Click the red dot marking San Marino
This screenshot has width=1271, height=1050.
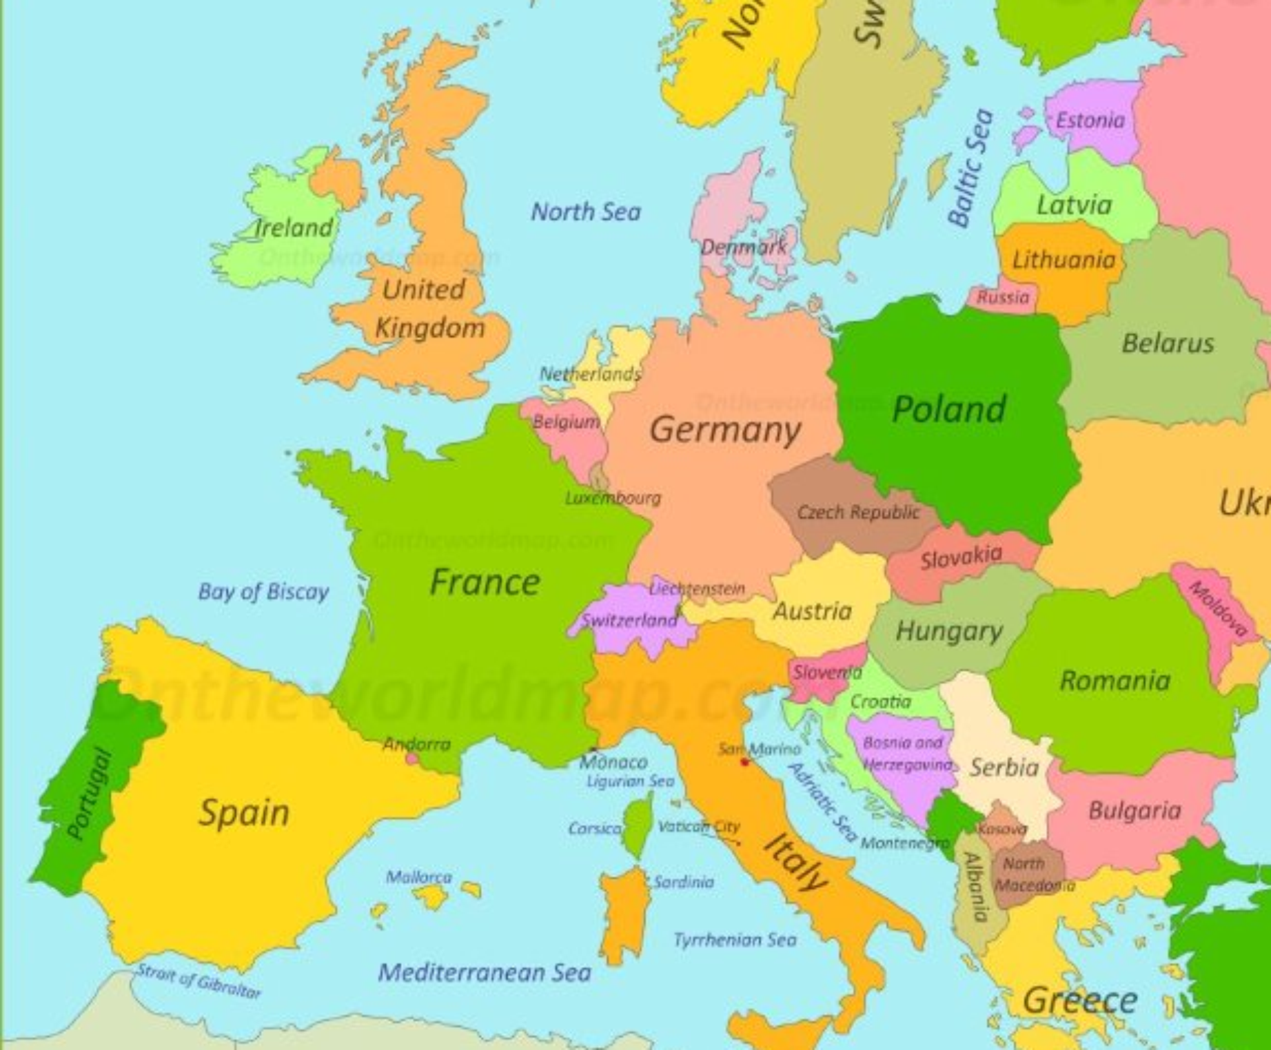744,762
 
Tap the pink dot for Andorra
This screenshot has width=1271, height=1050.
412,759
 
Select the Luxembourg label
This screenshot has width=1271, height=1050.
613,497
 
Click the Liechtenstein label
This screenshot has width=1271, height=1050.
698,588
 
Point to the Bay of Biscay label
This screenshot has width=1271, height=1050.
263,591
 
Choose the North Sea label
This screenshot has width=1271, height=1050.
586,212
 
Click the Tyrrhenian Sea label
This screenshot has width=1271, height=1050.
735,940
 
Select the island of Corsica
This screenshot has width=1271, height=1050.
640,823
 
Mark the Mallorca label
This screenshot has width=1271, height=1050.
419,877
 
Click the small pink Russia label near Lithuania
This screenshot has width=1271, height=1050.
1003,298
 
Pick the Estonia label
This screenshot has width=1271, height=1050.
1090,121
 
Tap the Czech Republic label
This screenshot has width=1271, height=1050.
858,513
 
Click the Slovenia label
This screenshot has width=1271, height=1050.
827,672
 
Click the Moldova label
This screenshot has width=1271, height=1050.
1219,609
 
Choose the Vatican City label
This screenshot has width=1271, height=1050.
699,826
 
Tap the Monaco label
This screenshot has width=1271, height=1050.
613,762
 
